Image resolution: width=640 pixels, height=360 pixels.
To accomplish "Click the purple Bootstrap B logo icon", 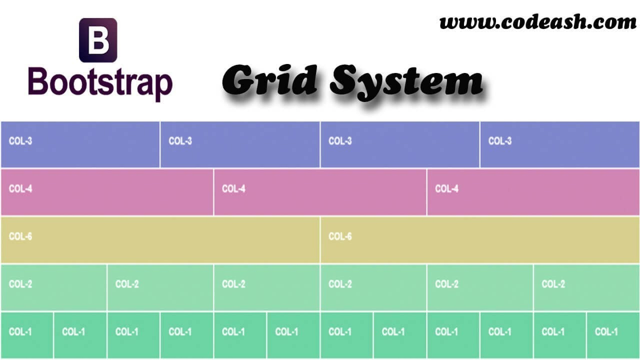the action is [x=98, y=40].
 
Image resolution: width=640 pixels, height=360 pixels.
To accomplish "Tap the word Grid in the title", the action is [x=269, y=80].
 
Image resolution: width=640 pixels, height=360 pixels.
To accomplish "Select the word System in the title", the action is [x=406, y=82].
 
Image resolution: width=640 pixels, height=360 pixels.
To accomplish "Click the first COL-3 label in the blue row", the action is [x=20, y=141].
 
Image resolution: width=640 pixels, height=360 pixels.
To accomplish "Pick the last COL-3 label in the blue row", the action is [x=500, y=141].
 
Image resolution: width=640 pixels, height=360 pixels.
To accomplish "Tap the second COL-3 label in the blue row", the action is [x=180, y=141].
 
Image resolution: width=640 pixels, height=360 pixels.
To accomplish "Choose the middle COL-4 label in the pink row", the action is [x=233, y=188].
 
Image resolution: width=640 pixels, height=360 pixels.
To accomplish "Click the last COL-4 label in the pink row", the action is [x=447, y=188].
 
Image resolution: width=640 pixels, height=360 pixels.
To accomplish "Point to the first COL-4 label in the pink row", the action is [x=20, y=188].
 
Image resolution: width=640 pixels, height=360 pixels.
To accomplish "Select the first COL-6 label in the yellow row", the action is [x=20, y=236].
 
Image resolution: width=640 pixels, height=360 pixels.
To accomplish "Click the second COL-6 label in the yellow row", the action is [x=340, y=236].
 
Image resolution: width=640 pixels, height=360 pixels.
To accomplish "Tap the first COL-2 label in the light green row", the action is [x=20, y=284].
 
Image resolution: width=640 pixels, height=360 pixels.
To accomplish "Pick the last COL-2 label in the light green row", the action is [x=553, y=284].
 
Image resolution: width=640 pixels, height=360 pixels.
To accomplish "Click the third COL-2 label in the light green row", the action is [x=233, y=284].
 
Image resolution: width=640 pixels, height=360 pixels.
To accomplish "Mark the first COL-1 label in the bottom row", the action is [x=20, y=331].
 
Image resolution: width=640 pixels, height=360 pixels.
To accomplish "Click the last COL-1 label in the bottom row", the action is [x=606, y=331].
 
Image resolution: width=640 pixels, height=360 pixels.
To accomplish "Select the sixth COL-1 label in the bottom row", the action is [x=286, y=331].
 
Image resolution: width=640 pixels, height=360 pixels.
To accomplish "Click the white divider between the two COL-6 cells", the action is [x=320, y=240].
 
